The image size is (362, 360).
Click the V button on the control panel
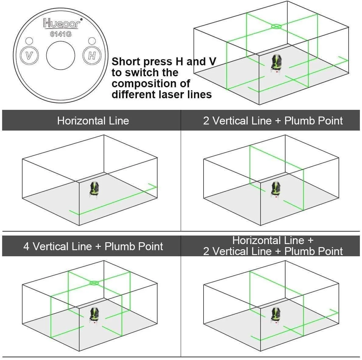pyautogui.click(x=29, y=56)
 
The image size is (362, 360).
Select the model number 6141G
pyautogui.click(x=61, y=34)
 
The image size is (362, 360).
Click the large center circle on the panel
pyautogui.click(x=60, y=56)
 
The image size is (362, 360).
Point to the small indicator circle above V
pyautogui.click(x=29, y=41)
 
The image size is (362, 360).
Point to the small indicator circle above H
pyautogui.click(x=92, y=41)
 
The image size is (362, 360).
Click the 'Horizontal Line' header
pyautogui.click(x=93, y=121)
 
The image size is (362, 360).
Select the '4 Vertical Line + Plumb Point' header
pyautogui.click(x=93, y=246)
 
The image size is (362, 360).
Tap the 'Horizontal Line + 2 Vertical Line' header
pyautogui.click(x=273, y=246)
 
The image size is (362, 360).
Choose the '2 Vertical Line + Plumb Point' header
pyautogui.click(x=273, y=121)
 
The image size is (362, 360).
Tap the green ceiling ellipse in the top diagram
pyautogui.click(x=276, y=27)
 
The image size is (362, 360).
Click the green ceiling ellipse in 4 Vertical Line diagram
pyautogui.click(x=94, y=283)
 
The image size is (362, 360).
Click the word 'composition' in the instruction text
pyautogui.click(x=151, y=84)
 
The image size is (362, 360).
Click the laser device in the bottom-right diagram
pyautogui.click(x=275, y=314)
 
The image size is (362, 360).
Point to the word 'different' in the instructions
pyautogui.click(x=134, y=95)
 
